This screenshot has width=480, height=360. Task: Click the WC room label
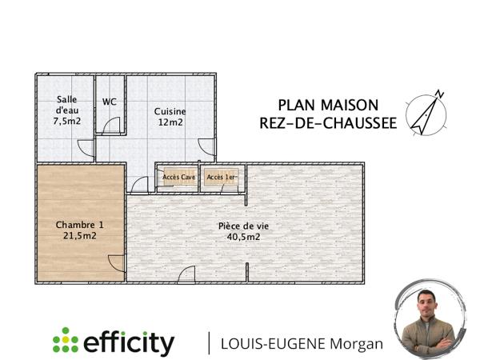pos(110,102)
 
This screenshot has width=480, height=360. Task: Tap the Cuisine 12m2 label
pos(170,117)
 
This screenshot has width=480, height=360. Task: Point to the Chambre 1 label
pos(79,230)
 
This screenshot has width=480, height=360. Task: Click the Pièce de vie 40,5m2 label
pos(243,231)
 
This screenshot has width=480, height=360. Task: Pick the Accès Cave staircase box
pos(178,177)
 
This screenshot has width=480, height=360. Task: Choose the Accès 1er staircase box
pos(221,177)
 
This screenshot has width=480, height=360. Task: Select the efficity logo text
pos(128,343)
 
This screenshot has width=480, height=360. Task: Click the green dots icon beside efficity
pos(65,342)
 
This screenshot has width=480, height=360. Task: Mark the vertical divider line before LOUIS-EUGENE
pos(210,342)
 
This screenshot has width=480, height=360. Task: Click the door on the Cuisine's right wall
pos(208,147)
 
